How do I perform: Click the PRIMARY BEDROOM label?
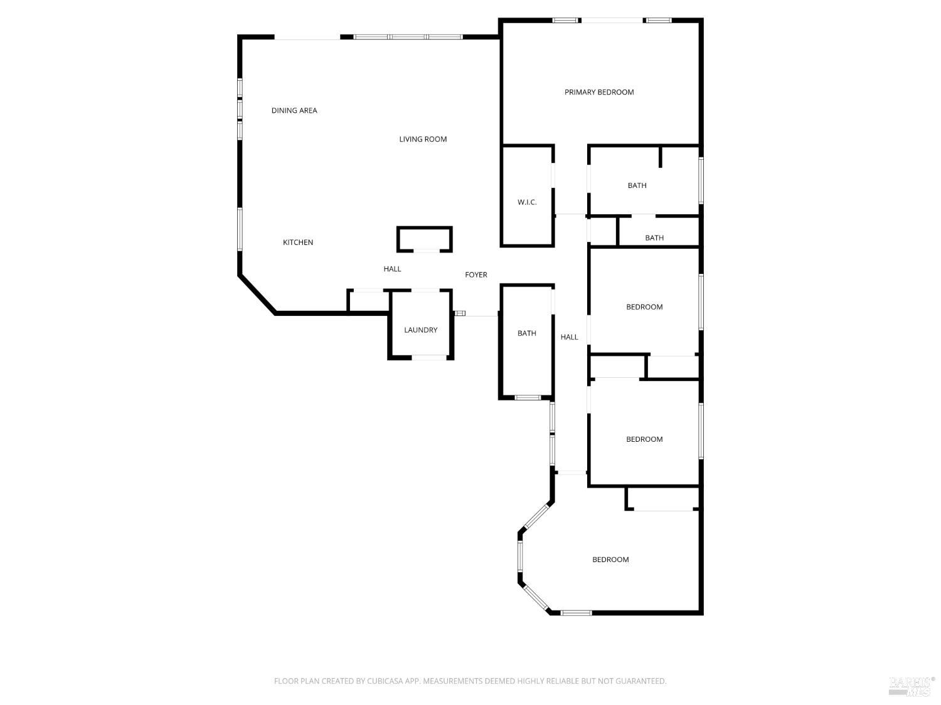599,92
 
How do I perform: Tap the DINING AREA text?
294,110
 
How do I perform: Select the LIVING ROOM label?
423,139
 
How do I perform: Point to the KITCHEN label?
298,243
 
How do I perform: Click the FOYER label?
476,274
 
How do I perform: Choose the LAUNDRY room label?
420,330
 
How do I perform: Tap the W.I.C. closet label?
527,202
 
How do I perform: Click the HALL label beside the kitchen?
392,269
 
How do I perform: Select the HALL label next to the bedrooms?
569,337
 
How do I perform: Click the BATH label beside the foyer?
527,333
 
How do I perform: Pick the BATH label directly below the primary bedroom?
637,185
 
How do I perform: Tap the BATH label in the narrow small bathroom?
654,238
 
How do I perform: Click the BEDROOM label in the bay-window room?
610,560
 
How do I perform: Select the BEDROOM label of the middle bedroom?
644,439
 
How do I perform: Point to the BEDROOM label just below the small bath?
644,307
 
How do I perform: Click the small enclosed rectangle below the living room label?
425,239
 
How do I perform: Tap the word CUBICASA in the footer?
383,681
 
